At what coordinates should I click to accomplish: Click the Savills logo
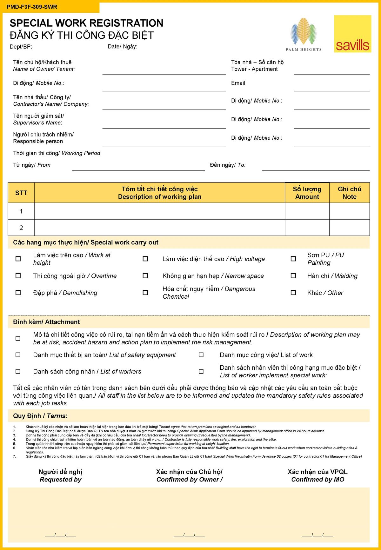352,34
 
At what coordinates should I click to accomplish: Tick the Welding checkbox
293,276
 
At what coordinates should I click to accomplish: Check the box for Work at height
18,259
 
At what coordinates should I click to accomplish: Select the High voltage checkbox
145,259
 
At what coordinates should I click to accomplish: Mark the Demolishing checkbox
18,293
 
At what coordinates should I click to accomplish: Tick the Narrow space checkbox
145,276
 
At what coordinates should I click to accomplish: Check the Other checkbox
293,293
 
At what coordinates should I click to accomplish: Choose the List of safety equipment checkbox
18,355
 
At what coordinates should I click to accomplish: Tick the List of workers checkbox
18,371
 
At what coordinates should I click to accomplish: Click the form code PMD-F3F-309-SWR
32,7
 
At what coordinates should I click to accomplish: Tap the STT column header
21,193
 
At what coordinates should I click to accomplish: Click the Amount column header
307,193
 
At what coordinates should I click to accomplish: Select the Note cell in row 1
349,211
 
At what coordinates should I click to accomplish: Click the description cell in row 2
159,228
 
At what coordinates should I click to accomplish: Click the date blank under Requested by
60,535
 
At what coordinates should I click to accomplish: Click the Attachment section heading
46,322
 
